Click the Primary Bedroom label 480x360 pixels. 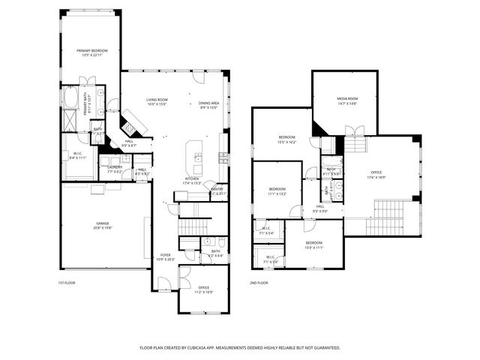click(x=89, y=52)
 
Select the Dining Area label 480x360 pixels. click(x=208, y=105)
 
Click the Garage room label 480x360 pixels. click(x=102, y=226)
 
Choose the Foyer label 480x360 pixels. click(x=165, y=257)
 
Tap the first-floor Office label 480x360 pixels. click(x=204, y=289)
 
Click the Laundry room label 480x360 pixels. click(x=115, y=169)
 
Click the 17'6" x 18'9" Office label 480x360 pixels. click(x=376, y=175)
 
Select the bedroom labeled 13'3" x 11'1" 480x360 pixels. click(x=313, y=244)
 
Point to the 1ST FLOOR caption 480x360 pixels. click(x=67, y=283)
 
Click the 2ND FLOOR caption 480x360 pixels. click(x=259, y=283)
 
